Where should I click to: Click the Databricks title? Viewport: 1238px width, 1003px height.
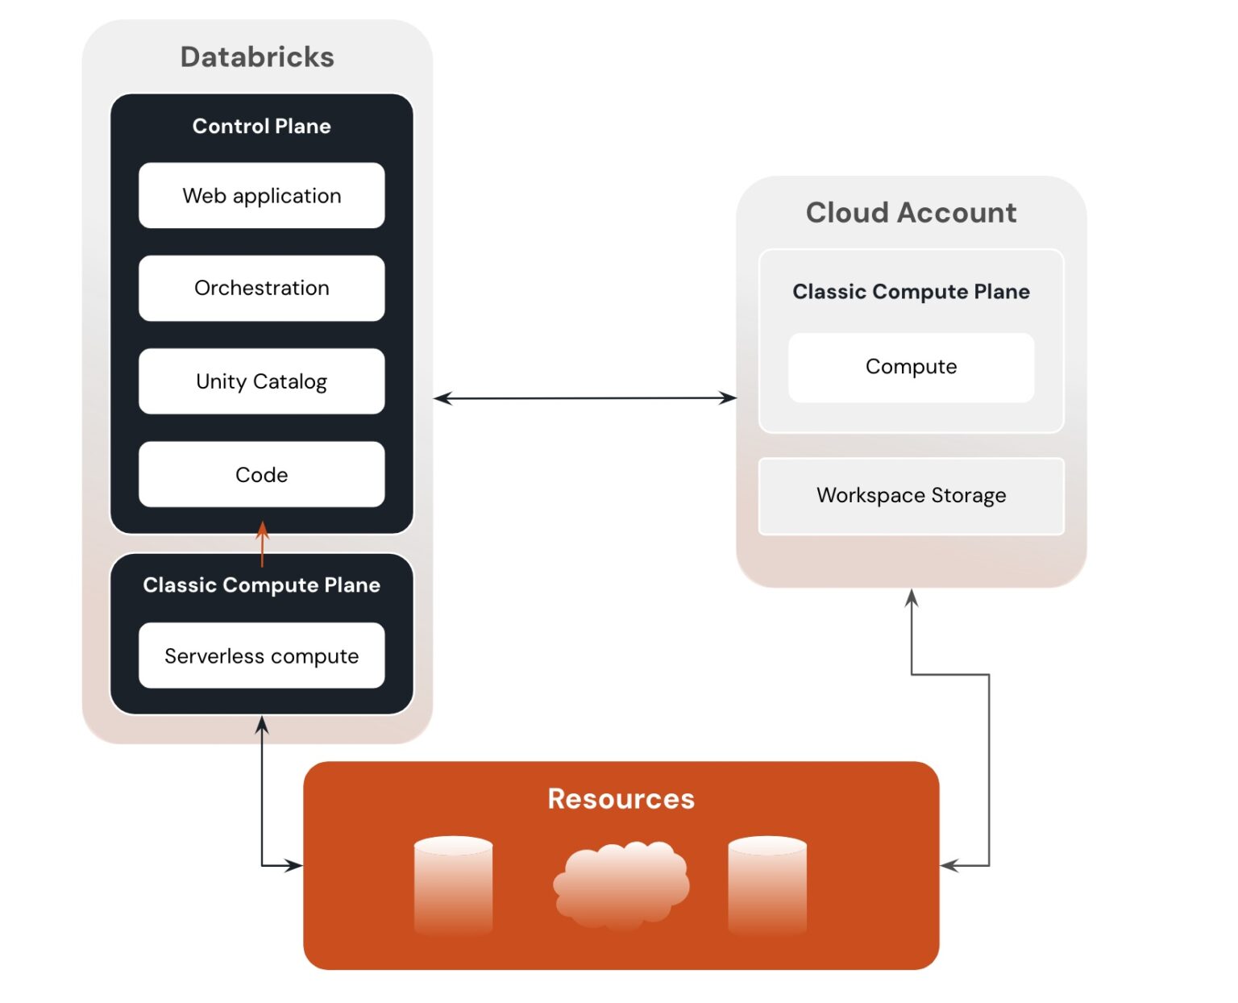pyautogui.click(x=257, y=57)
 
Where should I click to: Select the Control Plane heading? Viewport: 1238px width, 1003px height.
pyautogui.click(x=261, y=126)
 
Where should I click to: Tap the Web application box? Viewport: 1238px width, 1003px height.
pyautogui.click(x=261, y=196)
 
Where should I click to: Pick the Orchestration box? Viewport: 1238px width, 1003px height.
pyautogui.click(x=261, y=288)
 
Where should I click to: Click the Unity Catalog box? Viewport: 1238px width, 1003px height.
pyautogui.click(x=261, y=381)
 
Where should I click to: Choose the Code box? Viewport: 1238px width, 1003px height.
pyautogui.click(x=261, y=475)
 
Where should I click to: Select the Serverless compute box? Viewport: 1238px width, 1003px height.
pyautogui.click(x=261, y=655)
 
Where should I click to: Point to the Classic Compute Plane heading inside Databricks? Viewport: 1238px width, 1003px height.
pyautogui.click(x=261, y=585)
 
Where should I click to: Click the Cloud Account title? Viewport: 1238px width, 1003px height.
pyautogui.click(x=911, y=213)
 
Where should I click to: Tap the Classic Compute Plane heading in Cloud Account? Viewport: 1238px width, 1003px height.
pyautogui.click(x=911, y=292)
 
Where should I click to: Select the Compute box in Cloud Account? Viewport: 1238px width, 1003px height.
pyautogui.click(x=911, y=367)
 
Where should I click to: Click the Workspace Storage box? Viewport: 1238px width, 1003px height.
pyautogui.click(x=911, y=495)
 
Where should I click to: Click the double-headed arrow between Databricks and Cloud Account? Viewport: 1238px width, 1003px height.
pyautogui.click(x=585, y=398)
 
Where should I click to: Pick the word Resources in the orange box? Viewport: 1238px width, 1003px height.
pyautogui.click(x=621, y=799)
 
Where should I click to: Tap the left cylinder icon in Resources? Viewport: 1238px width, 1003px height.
pyautogui.click(x=453, y=884)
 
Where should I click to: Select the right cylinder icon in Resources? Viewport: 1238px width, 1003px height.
pyautogui.click(x=766, y=884)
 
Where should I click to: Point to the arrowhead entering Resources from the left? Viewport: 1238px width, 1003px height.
pyautogui.click(x=295, y=866)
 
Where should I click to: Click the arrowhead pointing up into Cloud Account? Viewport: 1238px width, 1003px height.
pyautogui.click(x=912, y=597)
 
